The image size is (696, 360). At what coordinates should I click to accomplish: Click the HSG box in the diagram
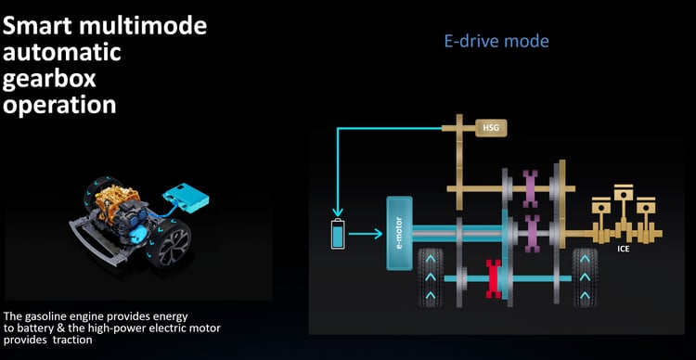coord(488,126)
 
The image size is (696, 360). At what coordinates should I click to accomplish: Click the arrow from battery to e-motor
coord(365,234)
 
